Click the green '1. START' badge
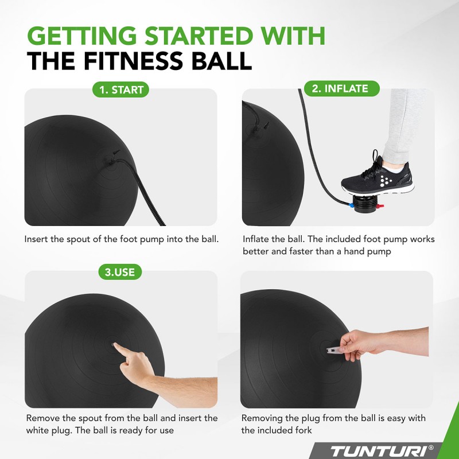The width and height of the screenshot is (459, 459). (x=120, y=90)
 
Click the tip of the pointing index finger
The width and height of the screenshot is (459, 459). (x=114, y=344)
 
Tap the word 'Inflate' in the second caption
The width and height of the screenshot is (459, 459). (x=256, y=239)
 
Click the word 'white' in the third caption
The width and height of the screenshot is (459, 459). (x=38, y=430)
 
